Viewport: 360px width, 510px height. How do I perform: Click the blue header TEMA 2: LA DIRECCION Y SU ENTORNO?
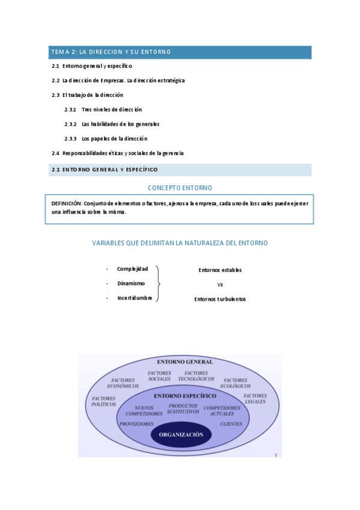coord(111,52)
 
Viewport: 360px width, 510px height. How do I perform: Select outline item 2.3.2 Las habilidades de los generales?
coord(120,124)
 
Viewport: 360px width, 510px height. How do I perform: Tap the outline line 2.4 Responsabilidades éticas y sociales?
coord(118,153)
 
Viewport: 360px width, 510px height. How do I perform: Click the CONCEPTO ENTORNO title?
coord(180,188)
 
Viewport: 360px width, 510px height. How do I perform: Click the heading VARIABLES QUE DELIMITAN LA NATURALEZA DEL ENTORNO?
coord(180,243)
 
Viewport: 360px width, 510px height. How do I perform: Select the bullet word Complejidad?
coord(132,269)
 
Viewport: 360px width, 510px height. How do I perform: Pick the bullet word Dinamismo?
coord(131,283)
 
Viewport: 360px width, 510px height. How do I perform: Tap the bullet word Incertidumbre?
coord(135,298)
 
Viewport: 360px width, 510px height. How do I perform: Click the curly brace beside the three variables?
coord(158,283)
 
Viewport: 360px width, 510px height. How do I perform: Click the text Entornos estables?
coord(220,270)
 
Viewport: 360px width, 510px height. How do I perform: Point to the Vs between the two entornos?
coord(220,284)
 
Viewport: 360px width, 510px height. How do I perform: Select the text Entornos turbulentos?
coord(220,299)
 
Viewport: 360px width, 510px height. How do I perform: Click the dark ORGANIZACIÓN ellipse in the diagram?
coord(180,434)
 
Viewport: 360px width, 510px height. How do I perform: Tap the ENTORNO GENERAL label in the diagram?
coord(185,362)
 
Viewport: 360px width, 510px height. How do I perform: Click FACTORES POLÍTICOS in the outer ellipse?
coord(103,401)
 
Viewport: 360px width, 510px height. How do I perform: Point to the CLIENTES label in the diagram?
coord(231,424)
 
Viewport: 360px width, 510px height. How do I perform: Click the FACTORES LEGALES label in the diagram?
coord(255,398)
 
